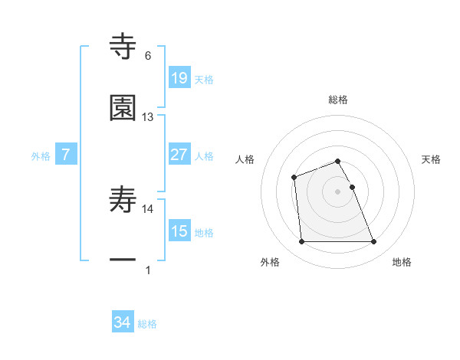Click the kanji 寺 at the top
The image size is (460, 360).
123,46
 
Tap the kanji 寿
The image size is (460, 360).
123,201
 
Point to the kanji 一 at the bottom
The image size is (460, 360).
123,260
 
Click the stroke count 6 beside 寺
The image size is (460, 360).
148,55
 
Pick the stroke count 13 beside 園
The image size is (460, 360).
148,117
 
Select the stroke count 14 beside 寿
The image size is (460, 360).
148,208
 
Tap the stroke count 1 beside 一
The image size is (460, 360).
148,270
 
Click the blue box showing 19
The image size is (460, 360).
179,77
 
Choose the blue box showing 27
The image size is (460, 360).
179,155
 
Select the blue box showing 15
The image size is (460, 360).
179,231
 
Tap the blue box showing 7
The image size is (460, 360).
67,155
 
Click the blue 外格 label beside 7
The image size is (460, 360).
41,156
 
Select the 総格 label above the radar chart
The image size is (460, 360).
338,100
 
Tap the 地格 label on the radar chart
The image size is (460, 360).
402,263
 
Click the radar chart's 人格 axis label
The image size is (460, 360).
245,159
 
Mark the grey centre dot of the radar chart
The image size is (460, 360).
338,191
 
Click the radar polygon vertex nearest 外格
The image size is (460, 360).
301,242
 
